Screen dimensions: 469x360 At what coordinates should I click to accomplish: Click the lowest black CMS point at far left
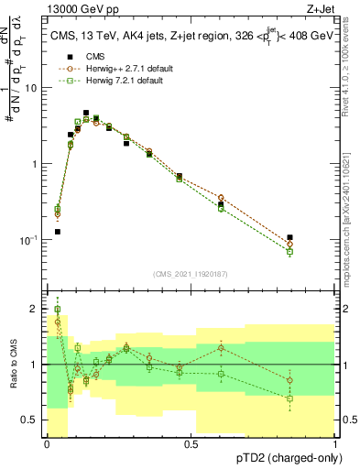[57, 232]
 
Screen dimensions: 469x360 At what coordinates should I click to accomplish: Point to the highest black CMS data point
[86, 113]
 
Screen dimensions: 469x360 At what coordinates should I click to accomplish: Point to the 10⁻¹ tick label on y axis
[30, 240]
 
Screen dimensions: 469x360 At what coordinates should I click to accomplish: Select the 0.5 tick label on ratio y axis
[29, 420]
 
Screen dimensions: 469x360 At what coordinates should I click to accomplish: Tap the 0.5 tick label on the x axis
[191, 444]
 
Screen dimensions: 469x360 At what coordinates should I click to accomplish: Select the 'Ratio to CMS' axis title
[11, 365]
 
